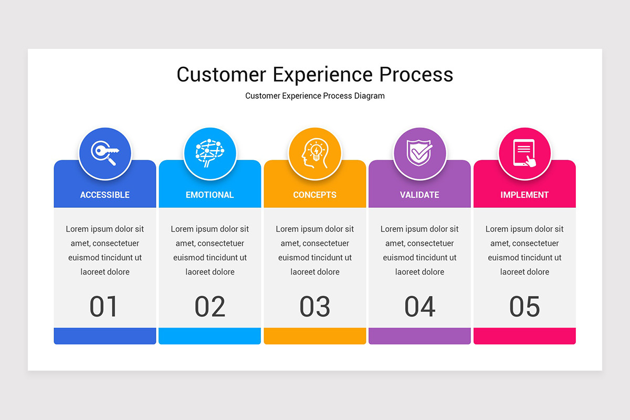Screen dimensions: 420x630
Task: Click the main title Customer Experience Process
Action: pyautogui.click(x=315, y=75)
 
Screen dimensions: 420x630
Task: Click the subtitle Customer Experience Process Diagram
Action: pyautogui.click(x=315, y=96)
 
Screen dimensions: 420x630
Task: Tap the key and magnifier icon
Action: pyautogui.click(x=105, y=154)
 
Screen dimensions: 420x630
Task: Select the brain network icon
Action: pyautogui.click(x=210, y=154)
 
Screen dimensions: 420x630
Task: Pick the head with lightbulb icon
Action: pyautogui.click(x=315, y=154)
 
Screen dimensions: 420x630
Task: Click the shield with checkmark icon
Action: pyautogui.click(x=420, y=154)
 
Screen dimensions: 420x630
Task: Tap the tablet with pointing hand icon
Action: pyautogui.click(x=524, y=154)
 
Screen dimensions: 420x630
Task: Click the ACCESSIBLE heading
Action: pyautogui.click(x=105, y=195)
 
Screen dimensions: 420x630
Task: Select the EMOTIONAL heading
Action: pyautogui.click(x=210, y=195)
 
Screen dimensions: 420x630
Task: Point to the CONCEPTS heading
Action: pyautogui.click(x=315, y=195)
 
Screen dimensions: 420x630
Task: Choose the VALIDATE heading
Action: pyautogui.click(x=419, y=195)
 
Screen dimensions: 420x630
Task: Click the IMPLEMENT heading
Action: pyautogui.click(x=524, y=195)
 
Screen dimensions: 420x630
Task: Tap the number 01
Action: pyautogui.click(x=104, y=307)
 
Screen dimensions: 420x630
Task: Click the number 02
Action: pyautogui.click(x=210, y=307)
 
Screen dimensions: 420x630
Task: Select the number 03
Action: pyautogui.click(x=315, y=307)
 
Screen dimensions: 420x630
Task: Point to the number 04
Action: pyautogui.click(x=420, y=307)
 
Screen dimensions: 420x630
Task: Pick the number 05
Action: pyautogui.click(x=524, y=307)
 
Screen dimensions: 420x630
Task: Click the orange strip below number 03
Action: pyautogui.click(x=315, y=336)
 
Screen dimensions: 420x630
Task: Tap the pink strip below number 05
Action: pyautogui.click(x=524, y=336)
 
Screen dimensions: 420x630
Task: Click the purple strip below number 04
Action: pyautogui.click(x=420, y=336)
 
